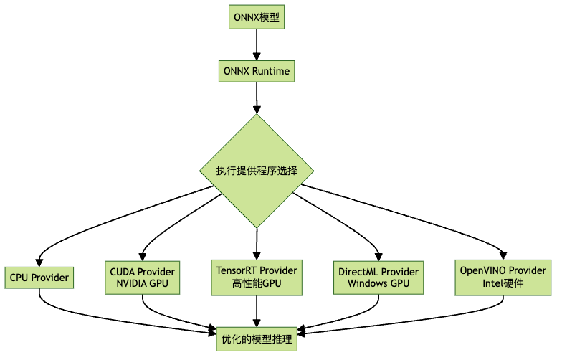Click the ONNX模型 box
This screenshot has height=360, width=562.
(257, 17)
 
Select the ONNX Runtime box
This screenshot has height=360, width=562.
(257, 72)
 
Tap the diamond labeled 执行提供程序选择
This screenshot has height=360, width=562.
(257, 171)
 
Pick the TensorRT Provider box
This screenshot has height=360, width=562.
(257, 277)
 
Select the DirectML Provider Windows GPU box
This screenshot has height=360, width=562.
(378, 277)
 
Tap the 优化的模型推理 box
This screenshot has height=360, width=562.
(257, 339)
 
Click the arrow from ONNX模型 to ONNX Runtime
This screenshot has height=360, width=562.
(257, 44)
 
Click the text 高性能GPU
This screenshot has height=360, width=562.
(257, 284)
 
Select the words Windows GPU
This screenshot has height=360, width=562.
(378, 284)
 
